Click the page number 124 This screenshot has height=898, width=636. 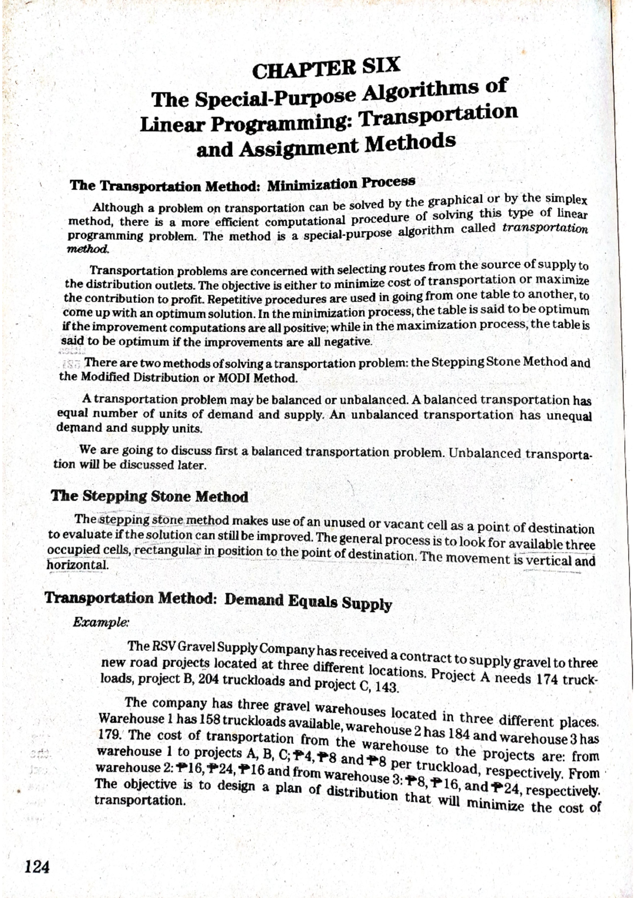[x=37, y=867]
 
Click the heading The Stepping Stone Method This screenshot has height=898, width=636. [x=149, y=497]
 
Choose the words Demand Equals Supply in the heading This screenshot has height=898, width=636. [x=308, y=602]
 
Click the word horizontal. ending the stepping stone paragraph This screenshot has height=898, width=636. [x=77, y=565]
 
